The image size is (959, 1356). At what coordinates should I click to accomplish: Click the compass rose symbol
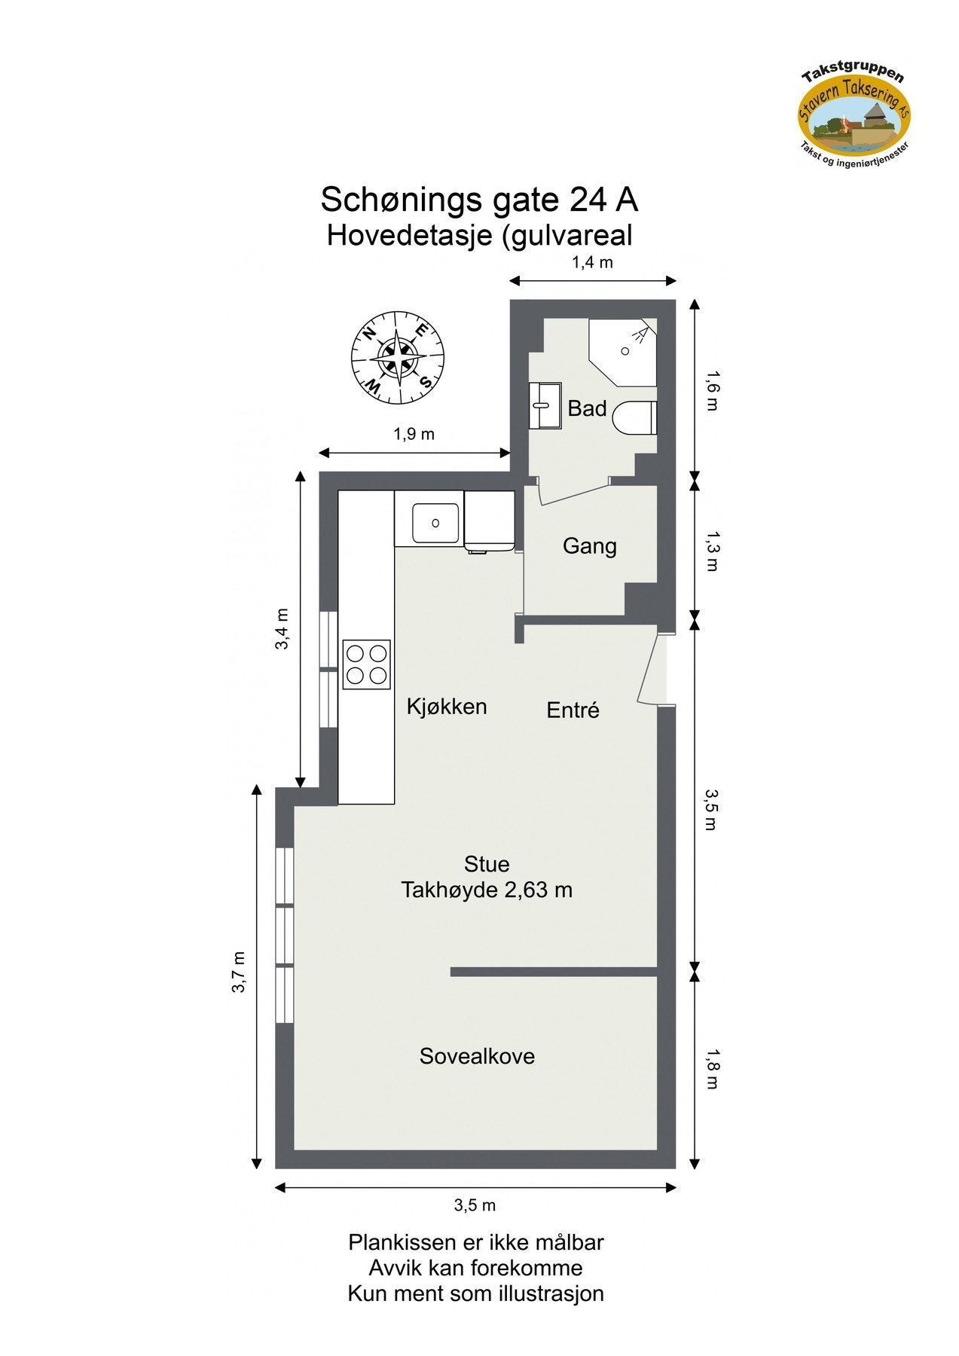click(397, 357)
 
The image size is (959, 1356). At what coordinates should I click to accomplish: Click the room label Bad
click(587, 408)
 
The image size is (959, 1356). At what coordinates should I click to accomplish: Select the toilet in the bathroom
click(636, 417)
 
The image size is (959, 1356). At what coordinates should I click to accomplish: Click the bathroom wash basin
click(545, 405)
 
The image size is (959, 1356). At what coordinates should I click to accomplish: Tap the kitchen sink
click(435, 522)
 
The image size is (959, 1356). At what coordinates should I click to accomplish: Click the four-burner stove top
click(366, 664)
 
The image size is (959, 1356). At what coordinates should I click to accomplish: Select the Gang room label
click(589, 545)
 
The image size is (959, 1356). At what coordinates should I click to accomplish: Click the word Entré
click(573, 710)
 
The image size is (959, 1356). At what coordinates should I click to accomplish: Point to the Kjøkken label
click(446, 707)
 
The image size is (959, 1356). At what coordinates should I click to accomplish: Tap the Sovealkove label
click(477, 1056)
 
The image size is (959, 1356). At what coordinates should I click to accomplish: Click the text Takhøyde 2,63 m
click(486, 890)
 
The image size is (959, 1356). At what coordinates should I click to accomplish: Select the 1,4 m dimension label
click(592, 262)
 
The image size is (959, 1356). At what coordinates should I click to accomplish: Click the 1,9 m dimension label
click(414, 434)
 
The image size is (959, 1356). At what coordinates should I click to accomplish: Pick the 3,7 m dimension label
click(239, 972)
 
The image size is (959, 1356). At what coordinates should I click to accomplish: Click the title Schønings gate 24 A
click(479, 200)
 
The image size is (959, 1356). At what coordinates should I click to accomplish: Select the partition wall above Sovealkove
click(554, 972)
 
